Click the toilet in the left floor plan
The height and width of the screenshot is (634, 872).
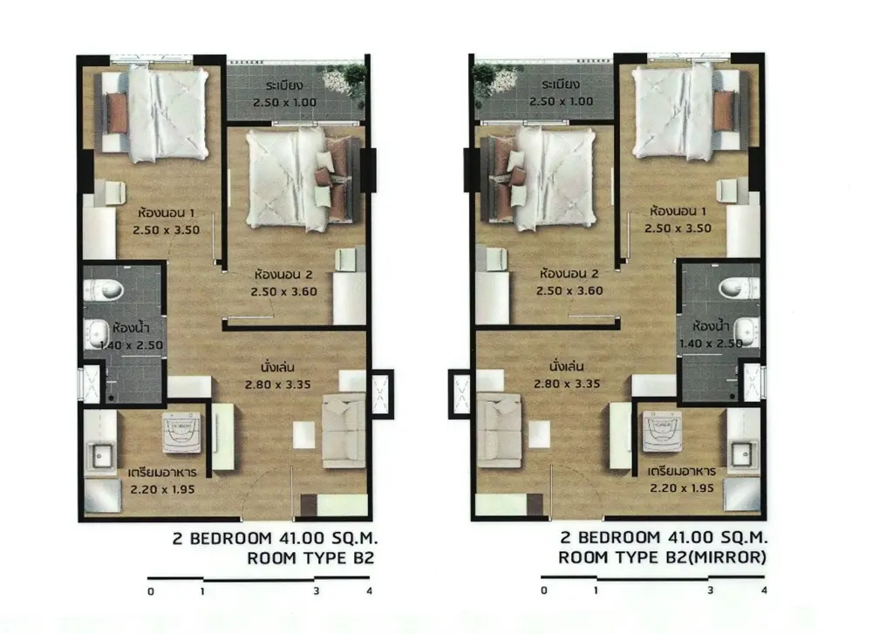coord(104,290)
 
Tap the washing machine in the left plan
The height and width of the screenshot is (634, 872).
coord(182,433)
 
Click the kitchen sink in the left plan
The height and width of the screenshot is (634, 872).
coord(100,457)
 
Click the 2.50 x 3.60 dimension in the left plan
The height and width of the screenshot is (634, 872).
coord(283,292)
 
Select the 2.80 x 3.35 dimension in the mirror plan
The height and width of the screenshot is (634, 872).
coord(567,384)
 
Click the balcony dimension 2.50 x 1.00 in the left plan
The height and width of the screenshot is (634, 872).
coord(284,102)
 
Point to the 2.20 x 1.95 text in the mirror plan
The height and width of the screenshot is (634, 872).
coord(682,488)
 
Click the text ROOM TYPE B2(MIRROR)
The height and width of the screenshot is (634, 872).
coord(662,557)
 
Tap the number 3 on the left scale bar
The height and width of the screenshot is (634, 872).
coord(316,591)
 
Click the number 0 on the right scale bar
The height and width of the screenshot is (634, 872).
coord(544,590)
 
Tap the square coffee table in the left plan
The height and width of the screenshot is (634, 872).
coord(304,435)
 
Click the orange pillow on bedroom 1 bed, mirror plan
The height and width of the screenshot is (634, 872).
coord(724,112)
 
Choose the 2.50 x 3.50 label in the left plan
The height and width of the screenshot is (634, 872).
coord(167,230)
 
